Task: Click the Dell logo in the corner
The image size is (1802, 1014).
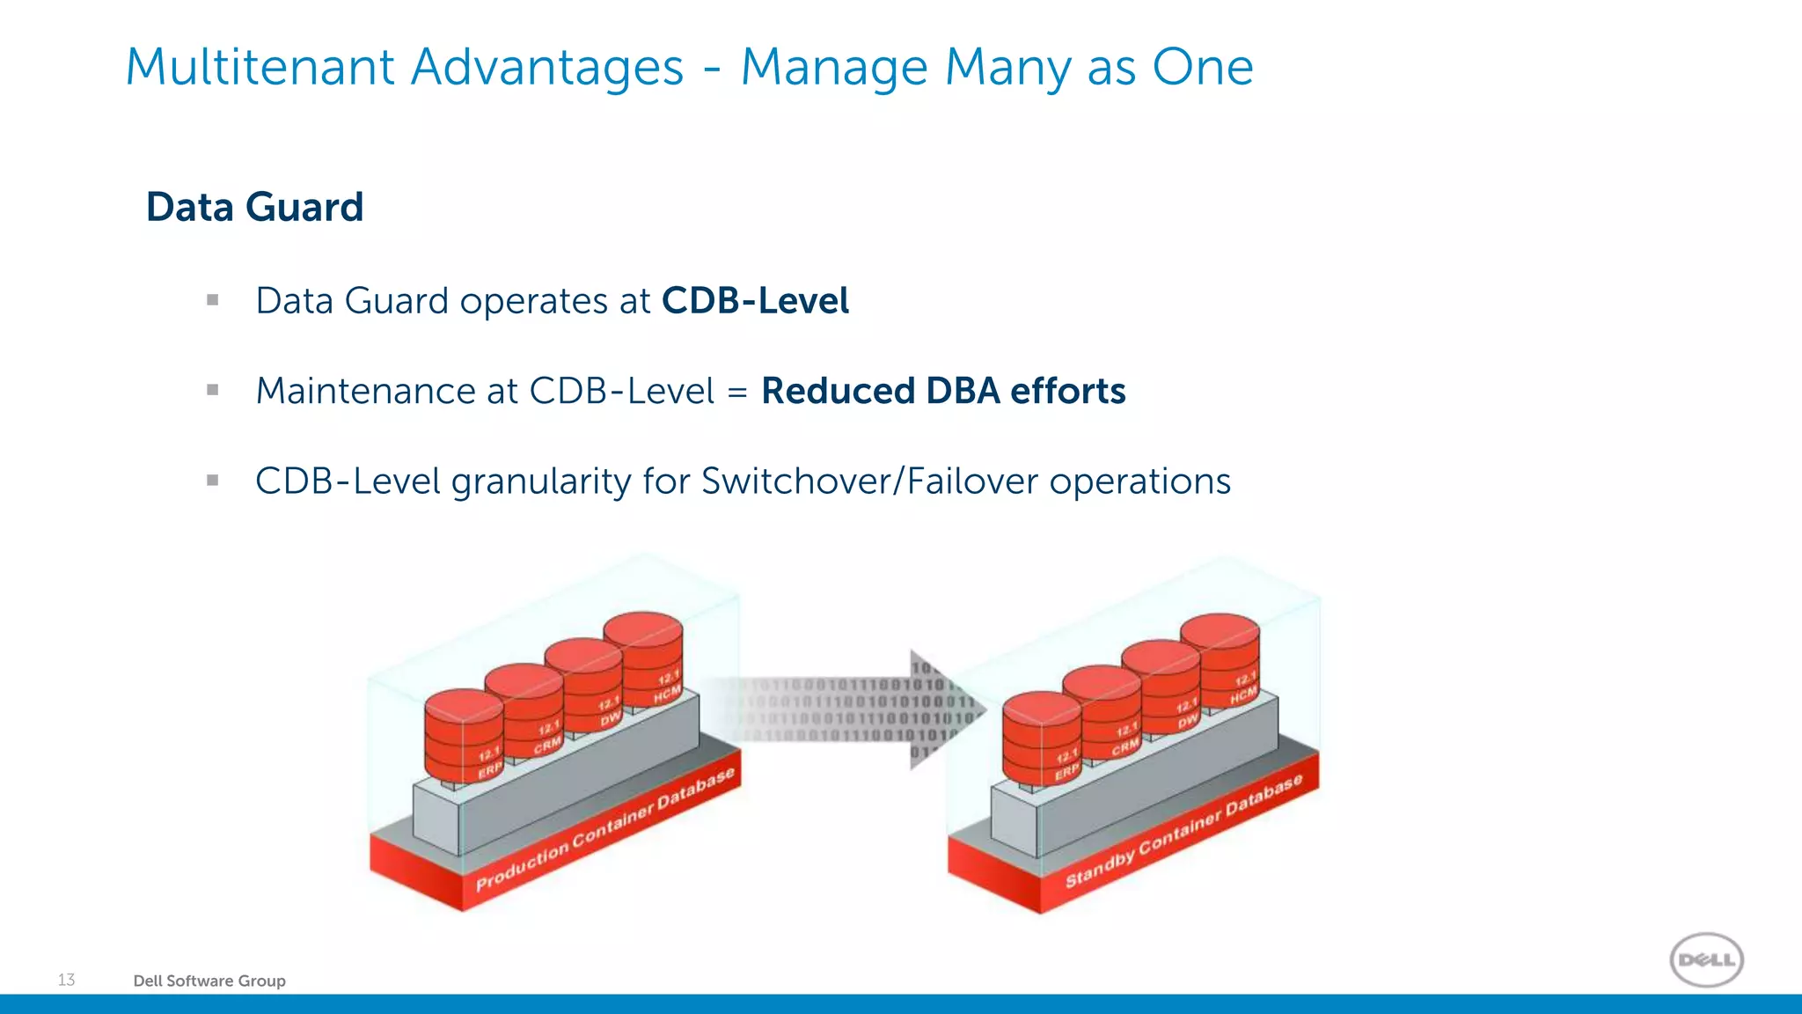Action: coord(1706,959)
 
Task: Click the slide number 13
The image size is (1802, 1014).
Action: coord(66,980)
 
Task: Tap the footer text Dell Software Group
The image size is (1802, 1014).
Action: coord(209,981)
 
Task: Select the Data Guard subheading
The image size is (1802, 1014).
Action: coord(254,208)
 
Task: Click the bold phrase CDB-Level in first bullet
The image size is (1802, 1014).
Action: coord(755,301)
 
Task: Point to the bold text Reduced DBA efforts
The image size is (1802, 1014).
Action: coord(943,391)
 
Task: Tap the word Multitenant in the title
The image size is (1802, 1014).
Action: coord(260,68)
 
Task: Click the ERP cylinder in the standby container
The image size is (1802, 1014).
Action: coord(1042,740)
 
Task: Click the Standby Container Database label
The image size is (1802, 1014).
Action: coord(1183,832)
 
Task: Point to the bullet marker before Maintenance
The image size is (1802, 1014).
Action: coord(212,390)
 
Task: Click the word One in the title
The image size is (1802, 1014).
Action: coord(1202,68)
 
